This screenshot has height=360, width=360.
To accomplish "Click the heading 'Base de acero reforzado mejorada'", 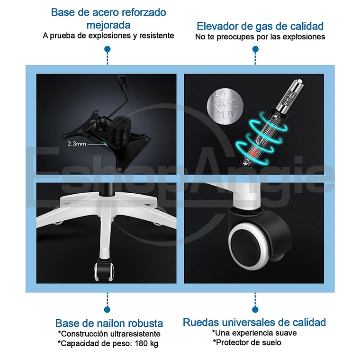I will click(108, 18).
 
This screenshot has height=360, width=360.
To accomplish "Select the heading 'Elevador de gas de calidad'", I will click(260, 26).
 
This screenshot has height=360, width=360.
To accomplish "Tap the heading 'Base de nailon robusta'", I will click(109, 324).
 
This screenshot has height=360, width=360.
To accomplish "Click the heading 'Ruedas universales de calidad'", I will click(254, 323).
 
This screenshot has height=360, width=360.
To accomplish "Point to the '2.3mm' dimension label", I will click(77, 143).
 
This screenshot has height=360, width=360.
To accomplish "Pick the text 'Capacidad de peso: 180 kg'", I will click(108, 343).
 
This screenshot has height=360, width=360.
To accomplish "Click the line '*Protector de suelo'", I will click(247, 342).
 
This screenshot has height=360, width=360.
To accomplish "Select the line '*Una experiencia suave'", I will click(254, 333).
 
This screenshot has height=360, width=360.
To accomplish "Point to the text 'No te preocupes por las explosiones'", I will click(260, 36).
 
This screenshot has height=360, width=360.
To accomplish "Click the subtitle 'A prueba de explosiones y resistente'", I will click(108, 36).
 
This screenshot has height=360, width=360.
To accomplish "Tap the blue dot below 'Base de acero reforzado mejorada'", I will click(108, 49).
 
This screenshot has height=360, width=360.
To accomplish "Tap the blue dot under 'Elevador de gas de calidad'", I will click(255, 49).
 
